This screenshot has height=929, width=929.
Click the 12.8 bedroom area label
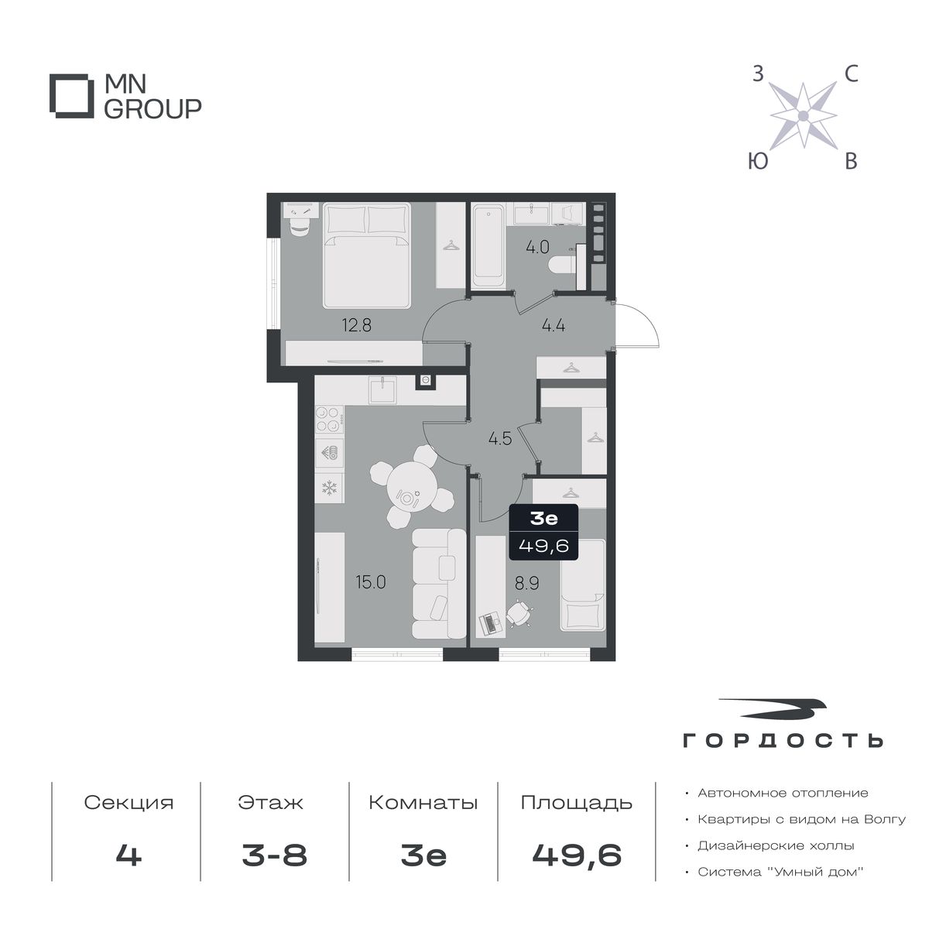coord(357,325)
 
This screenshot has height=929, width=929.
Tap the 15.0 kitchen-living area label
coord(371,582)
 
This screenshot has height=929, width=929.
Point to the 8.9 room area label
coord(527,584)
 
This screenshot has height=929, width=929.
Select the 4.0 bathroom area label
coord(537,247)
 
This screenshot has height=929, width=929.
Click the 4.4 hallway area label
coord(554,325)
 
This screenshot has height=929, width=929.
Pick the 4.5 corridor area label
coord(500,439)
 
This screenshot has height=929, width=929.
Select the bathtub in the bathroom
coord(488,245)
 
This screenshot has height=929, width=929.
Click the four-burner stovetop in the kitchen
coord(329,420)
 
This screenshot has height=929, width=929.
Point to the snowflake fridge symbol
coord(329,488)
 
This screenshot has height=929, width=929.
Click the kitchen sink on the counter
coord(382,390)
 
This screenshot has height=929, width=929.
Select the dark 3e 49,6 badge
coord(543,532)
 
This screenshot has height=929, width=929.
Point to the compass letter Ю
coord(758,162)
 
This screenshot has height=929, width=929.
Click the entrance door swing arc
coord(644,322)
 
